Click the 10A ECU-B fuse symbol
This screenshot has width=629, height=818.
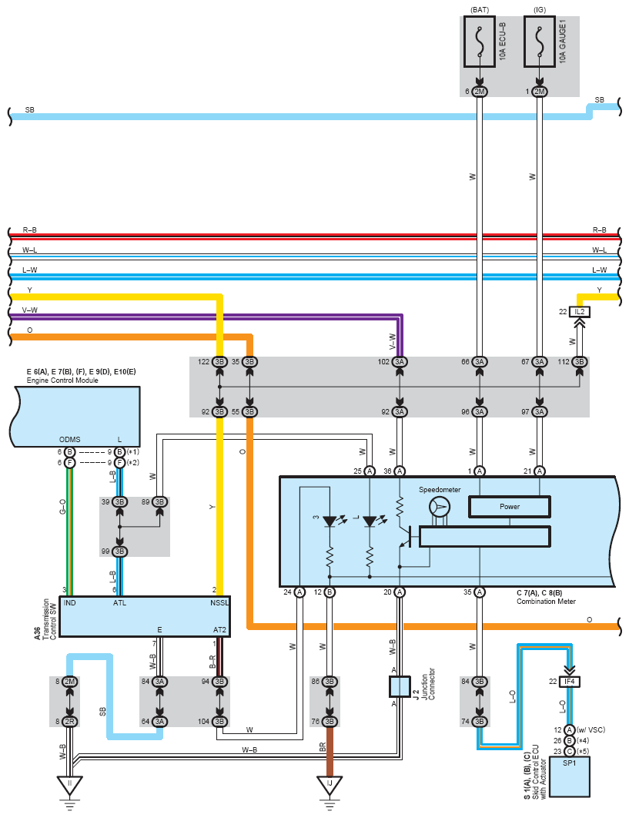(480, 42)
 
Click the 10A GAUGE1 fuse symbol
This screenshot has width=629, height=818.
(539, 42)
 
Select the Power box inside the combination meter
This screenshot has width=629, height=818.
(510, 507)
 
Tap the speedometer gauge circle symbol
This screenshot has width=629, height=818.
(439, 507)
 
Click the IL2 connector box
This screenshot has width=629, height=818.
(580, 312)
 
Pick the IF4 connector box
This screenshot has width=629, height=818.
(569, 682)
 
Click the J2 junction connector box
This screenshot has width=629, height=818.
(400, 686)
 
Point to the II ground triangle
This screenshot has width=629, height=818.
(70, 785)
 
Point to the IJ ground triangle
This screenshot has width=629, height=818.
(330, 785)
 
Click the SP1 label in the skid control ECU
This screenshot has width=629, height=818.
(569, 763)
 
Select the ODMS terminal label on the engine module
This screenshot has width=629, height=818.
(70, 439)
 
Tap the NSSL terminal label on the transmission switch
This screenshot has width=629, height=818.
(219, 602)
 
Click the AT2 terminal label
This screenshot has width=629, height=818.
(219, 629)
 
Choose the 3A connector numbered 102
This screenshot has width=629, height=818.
(400, 361)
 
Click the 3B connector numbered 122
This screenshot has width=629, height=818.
(219, 361)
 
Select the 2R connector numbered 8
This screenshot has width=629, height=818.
(70, 722)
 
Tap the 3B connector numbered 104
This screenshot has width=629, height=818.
(219, 722)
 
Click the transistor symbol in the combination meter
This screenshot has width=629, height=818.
(405, 538)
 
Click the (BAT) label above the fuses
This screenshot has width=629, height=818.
(480, 9)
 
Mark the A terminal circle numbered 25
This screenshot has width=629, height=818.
(370, 471)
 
